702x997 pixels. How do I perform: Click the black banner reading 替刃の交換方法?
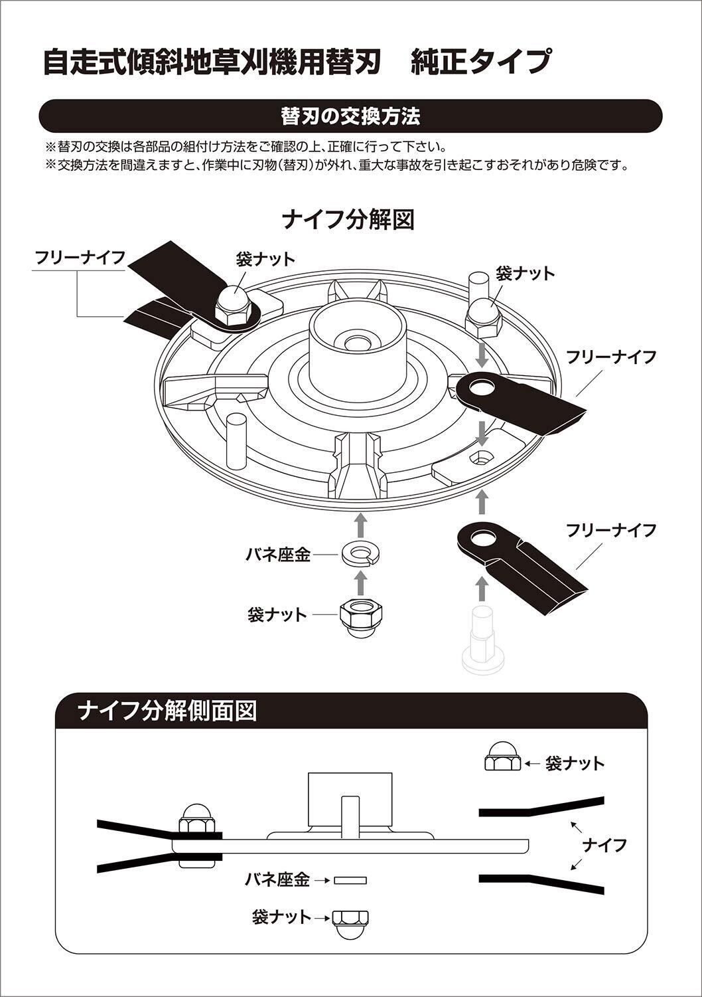coord(350,116)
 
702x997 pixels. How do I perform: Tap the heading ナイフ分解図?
coord(348,219)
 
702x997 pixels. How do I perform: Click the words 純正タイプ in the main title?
coord(480,62)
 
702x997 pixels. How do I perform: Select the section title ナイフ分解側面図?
coord(167,711)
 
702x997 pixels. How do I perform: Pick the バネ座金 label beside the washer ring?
coord(278,555)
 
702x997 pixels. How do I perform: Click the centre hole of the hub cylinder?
coord(358,343)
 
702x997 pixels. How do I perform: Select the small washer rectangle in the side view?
coord(350,880)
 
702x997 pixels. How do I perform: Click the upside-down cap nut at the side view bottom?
coord(350,922)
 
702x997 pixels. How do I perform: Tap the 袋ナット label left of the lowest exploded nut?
coord(277,614)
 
